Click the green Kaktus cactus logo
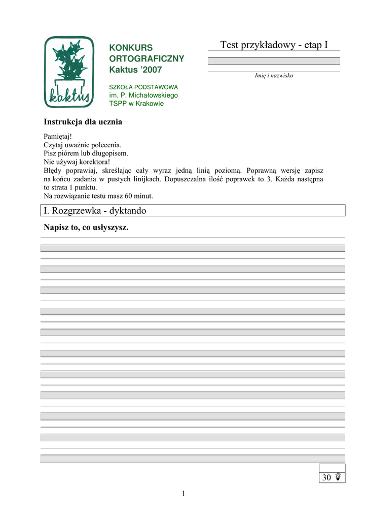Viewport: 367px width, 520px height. pyautogui.click(x=69, y=72)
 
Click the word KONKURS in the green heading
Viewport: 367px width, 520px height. pyautogui.click(x=131, y=48)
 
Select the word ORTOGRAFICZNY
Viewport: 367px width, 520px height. pyautogui.click(x=146, y=58)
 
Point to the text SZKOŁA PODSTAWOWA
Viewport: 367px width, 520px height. pyautogui.click(x=143, y=87)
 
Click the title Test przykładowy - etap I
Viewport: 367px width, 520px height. pyautogui.click(x=274, y=45)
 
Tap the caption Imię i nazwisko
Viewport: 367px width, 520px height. pyautogui.click(x=274, y=76)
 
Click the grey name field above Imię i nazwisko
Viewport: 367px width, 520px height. pyautogui.click(x=274, y=61)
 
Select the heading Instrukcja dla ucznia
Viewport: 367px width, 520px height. pyautogui.click(x=83, y=122)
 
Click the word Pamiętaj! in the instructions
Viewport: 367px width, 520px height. pyautogui.click(x=58, y=137)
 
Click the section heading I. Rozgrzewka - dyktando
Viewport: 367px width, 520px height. pyautogui.click(x=95, y=210)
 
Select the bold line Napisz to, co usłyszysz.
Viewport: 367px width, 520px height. pyautogui.click(x=86, y=227)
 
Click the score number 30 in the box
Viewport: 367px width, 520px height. pyautogui.click(x=326, y=478)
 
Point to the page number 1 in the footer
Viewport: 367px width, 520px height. pyautogui.click(x=183, y=494)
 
